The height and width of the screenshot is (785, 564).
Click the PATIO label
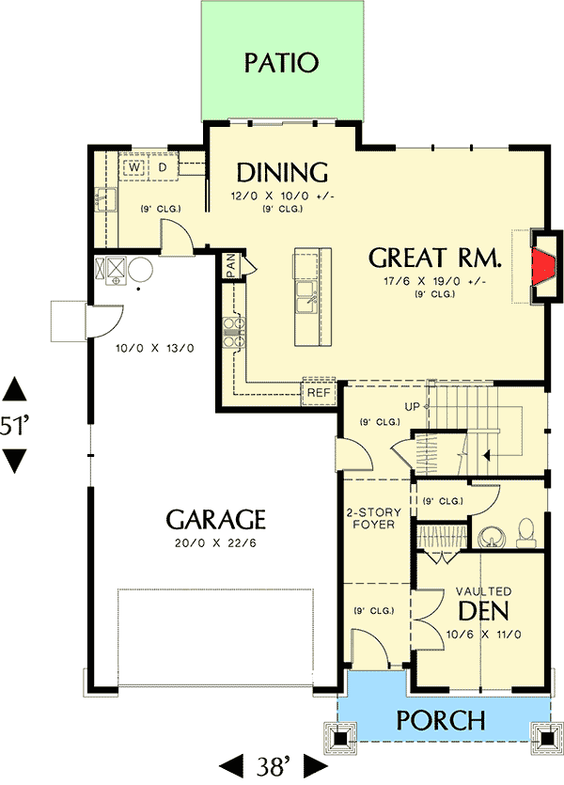tap(281, 63)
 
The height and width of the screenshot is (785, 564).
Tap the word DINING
tap(281, 173)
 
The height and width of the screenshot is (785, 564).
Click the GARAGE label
tap(215, 519)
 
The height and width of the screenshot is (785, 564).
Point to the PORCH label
tap(440, 721)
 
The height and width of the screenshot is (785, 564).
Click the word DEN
tap(483, 611)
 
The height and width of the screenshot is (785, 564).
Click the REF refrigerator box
tap(317, 392)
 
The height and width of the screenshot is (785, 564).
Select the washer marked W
tap(135, 167)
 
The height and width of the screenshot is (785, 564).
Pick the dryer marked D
tap(162, 167)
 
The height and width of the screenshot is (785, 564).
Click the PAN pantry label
tap(229, 267)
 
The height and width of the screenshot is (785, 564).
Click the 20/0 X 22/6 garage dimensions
tap(216, 542)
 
